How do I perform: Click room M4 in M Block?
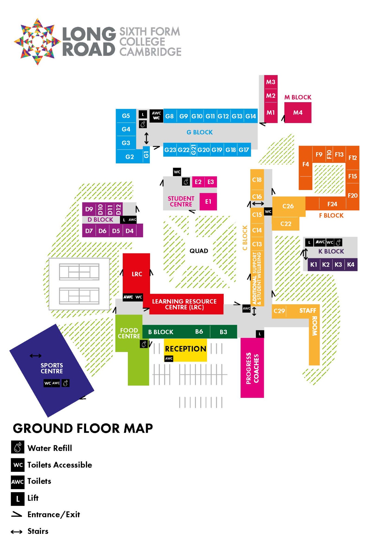pyautogui.click(x=298, y=112)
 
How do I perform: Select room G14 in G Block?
pyautogui.click(x=251, y=116)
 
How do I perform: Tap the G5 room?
pyautogui.click(x=126, y=116)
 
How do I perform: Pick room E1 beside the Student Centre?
pyautogui.click(x=208, y=201)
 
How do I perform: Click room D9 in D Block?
pyautogui.click(x=89, y=209)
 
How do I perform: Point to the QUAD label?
pyautogui.click(x=199, y=251)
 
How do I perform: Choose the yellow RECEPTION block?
pyautogui.click(x=186, y=350)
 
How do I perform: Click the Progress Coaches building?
pyautogui.click(x=252, y=368)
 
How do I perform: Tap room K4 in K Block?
pyautogui.click(x=351, y=264)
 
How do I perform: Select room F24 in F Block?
pyautogui.click(x=332, y=204)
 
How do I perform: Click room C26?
pyautogui.click(x=288, y=206)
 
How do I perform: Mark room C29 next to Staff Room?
pyautogui.click(x=279, y=311)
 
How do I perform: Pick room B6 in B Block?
pyautogui.click(x=199, y=331)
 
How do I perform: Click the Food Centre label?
pyautogui.click(x=129, y=333)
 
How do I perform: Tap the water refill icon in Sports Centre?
pyautogui.click(x=66, y=383)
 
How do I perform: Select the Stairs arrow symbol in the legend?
pyautogui.click(x=17, y=532)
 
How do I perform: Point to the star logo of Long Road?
pyautogui.click(x=37, y=41)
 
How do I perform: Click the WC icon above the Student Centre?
pyautogui.click(x=177, y=172)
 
